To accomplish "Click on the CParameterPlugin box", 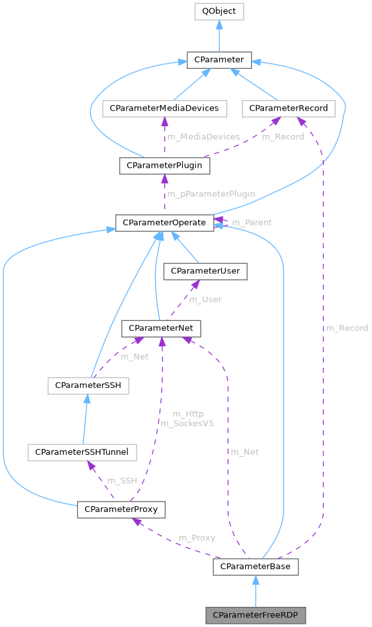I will click(165, 166).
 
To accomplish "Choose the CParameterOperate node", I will click(165, 223).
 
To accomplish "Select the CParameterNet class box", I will click(161, 329).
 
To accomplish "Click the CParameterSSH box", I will click(88, 386).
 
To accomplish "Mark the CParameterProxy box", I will click(121, 509).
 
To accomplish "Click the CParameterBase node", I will click(256, 567).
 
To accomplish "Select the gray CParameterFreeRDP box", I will click(256, 614).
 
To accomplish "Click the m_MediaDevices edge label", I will click(204, 137).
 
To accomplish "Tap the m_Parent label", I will click(252, 223).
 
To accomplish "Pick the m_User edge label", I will click(206, 300).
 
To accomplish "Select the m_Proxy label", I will click(197, 538).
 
